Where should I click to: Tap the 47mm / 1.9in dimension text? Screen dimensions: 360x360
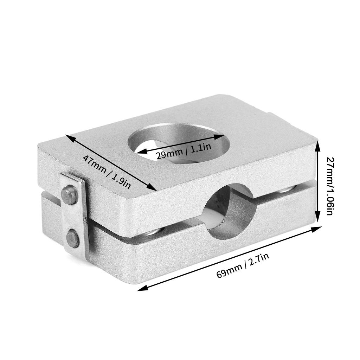point(107,172)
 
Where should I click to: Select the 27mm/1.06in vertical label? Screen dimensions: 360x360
point(329,186)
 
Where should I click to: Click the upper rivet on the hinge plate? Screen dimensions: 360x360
point(69,195)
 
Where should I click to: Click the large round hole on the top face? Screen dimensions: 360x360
point(179,143)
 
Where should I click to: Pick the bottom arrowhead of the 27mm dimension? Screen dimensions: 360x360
point(317,217)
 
